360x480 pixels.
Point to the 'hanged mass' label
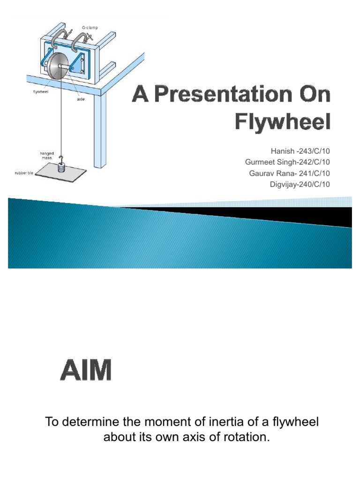click(x=46, y=155)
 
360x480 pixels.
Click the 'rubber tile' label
click(x=24, y=173)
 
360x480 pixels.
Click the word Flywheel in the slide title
click(x=283, y=122)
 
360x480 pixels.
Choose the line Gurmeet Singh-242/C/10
click(x=287, y=162)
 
